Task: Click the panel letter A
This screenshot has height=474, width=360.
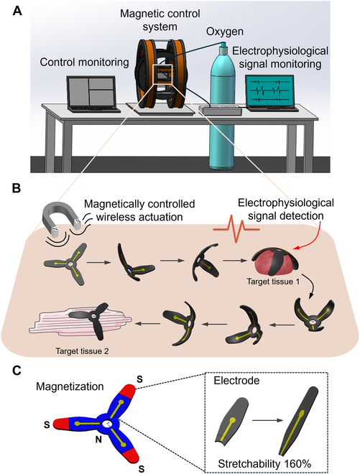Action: tap(9, 9)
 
